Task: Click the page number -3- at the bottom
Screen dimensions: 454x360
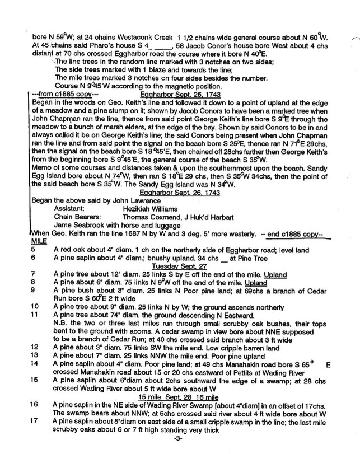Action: coord(179,446)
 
